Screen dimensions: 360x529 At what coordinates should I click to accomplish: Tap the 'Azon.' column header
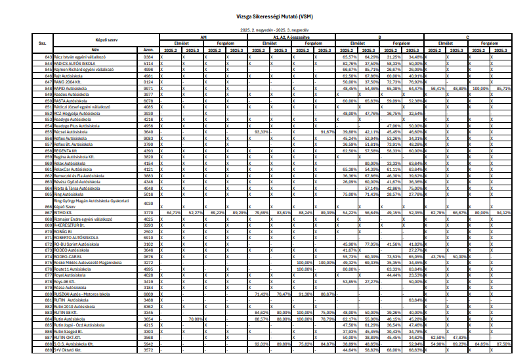click(x=148, y=50)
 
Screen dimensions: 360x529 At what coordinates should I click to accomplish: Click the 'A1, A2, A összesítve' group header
click(x=293, y=39)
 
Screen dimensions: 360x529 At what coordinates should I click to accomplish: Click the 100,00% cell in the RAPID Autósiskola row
click(x=480, y=87)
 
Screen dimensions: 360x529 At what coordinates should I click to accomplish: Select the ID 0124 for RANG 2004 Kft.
click(x=149, y=82)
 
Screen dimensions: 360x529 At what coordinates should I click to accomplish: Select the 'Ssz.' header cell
click(x=42, y=43)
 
